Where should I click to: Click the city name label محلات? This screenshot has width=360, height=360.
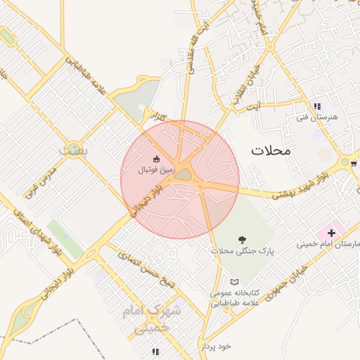click(x=271, y=150)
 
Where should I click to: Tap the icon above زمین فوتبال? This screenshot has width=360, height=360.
click(x=156, y=158)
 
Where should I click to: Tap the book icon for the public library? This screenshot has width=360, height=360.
click(x=235, y=281)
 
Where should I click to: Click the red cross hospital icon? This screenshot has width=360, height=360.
click(x=331, y=232)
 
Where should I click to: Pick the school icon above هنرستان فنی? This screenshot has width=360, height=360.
click(x=317, y=106)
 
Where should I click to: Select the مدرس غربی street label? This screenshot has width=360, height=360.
click(x=39, y=173)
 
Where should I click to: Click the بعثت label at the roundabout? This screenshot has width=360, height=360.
click(x=72, y=150)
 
